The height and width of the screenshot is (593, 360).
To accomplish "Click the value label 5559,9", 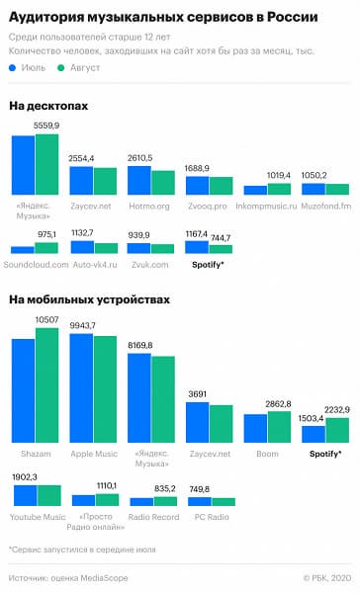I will click(x=46, y=127).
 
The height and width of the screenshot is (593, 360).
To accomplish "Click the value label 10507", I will click(x=47, y=319).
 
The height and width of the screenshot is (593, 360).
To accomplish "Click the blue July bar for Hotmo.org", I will click(x=139, y=181).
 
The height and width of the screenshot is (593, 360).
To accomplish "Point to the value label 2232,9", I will click(x=338, y=407).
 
